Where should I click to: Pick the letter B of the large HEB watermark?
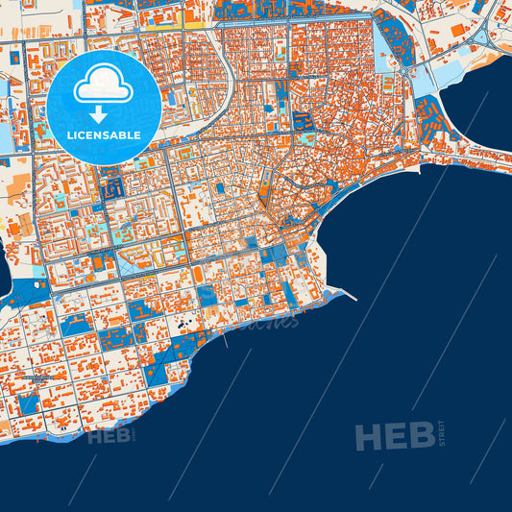[x=421, y=437]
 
